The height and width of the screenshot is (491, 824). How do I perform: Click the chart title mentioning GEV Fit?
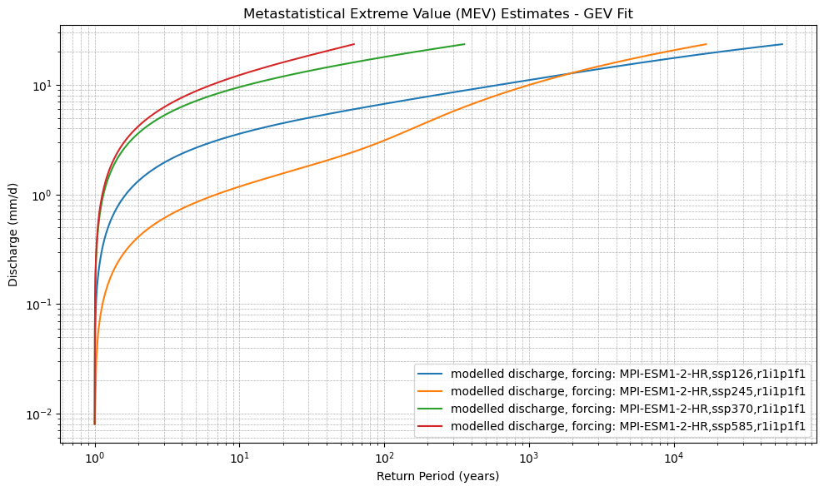tap(438, 13)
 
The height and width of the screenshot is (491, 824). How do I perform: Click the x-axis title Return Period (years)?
tap(438, 476)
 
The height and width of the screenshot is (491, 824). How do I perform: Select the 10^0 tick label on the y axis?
tap(42, 196)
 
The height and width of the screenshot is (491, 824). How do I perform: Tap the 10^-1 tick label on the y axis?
tap(39, 305)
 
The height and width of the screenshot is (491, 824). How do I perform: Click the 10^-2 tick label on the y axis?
tap(39, 414)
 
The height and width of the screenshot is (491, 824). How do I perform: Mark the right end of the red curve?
tap(354, 44)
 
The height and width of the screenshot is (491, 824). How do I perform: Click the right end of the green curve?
tap(464, 44)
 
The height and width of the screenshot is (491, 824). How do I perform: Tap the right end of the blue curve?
tap(782, 44)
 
